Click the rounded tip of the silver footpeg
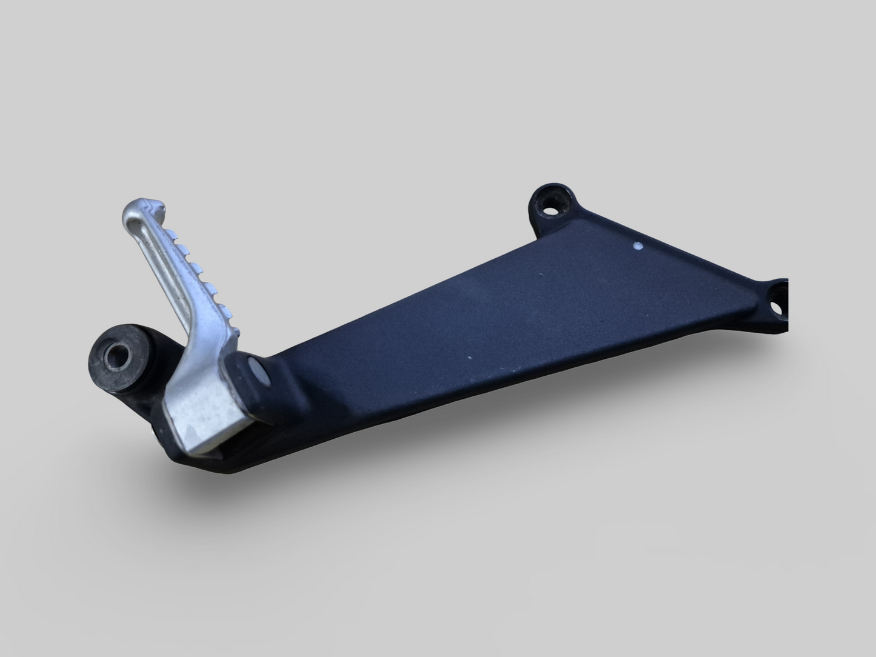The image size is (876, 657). pyautogui.click(x=135, y=212)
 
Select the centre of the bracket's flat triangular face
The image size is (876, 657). pyautogui.click(x=515, y=315)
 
